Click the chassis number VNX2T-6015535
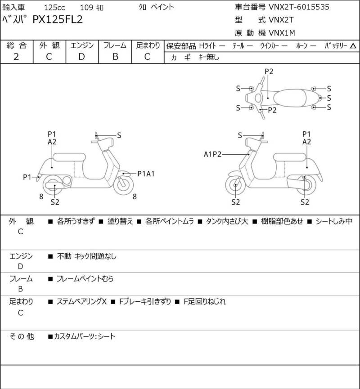(299, 7)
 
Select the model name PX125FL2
(58, 20)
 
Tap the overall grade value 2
(16, 57)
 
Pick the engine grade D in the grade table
(82, 57)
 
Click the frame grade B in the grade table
(115, 57)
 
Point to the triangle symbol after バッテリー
(353, 46)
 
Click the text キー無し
(209, 58)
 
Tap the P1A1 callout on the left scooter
(146, 174)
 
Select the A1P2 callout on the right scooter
(212, 154)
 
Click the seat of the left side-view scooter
(69, 157)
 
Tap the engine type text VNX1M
(282, 33)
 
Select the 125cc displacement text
(54, 8)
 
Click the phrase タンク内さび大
(227, 221)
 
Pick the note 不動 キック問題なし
(87, 256)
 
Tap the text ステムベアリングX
(82, 301)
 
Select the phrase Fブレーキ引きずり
(145, 301)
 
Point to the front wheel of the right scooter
(235, 185)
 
